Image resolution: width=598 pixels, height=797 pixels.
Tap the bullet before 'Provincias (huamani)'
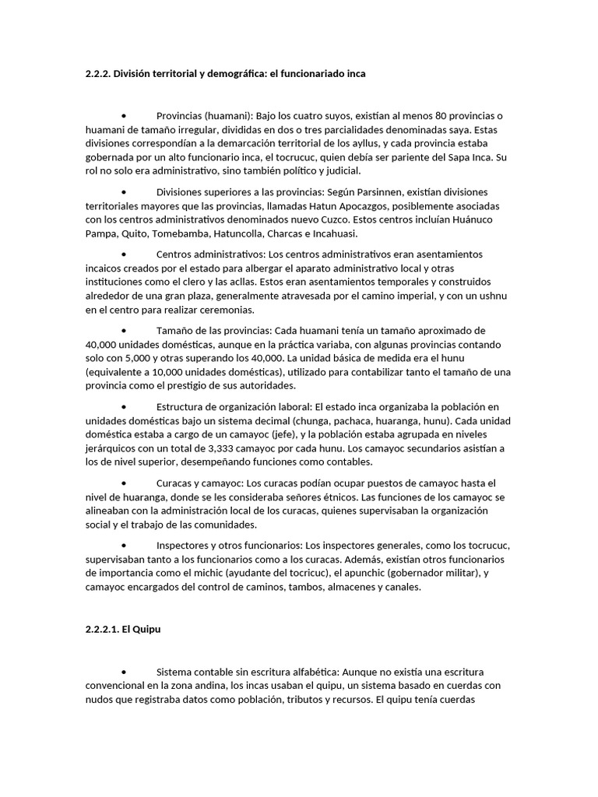[125, 115]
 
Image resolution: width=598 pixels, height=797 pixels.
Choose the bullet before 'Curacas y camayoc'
[125, 483]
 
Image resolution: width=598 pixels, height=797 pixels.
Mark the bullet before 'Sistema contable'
[125, 671]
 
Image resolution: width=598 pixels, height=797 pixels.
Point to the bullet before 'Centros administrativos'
[125, 255]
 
